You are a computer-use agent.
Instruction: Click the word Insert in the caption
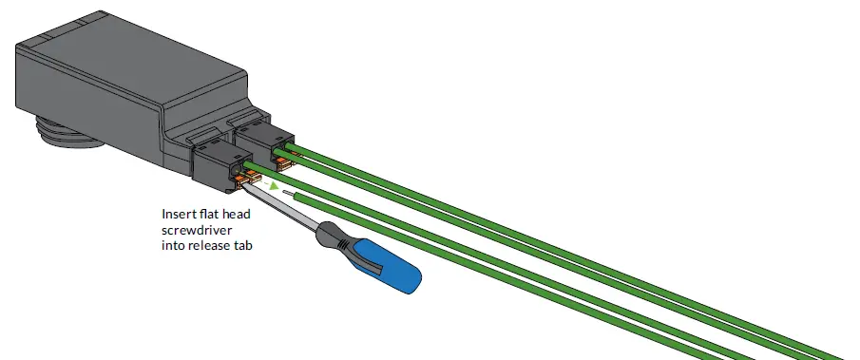pos(178,215)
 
